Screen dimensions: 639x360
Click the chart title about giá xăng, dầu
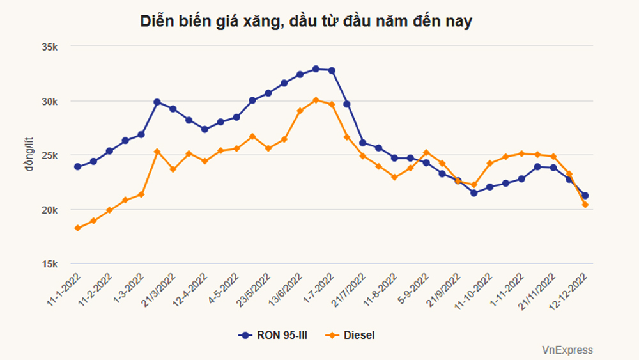306,21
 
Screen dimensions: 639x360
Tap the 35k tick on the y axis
50,47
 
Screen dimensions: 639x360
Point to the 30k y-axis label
50,102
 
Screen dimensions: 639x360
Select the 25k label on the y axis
50,156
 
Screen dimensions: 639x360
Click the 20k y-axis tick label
50,210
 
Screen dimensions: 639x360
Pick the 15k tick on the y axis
50,265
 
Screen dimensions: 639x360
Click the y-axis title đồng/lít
29,155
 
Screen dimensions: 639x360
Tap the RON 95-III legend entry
273,335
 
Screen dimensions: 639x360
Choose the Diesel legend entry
350,335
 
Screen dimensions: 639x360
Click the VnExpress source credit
567,350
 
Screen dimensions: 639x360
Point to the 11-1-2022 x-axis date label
63,290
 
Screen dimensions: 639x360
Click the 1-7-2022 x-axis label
318,288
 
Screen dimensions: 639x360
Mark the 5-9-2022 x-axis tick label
413,288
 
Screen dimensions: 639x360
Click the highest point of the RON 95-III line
316,69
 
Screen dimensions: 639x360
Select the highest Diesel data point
316,100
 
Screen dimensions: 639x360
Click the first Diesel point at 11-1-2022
78,228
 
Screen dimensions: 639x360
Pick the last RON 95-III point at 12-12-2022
585,196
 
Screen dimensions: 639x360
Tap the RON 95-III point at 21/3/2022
157,102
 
